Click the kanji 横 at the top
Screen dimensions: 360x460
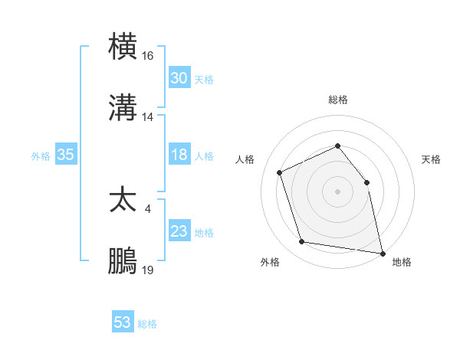pos(123,47)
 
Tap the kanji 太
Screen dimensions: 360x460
pos(123,200)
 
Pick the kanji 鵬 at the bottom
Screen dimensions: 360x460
pos(123,261)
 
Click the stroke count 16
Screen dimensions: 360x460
pos(148,56)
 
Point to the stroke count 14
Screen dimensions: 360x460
pos(148,117)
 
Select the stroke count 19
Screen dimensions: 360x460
pos(148,270)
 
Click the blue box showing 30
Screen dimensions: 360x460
pos(179,78)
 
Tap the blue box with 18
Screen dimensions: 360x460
pos(179,155)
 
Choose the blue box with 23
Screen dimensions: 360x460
pos(179,231)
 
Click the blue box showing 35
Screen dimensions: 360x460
pos(65,155)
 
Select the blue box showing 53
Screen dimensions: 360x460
pos(123,322)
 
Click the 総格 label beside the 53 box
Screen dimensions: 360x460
pos(147,324)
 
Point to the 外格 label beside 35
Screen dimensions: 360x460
pos(41,155)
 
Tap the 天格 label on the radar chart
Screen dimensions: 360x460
pos(432,159)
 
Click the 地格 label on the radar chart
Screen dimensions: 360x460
pos(402,262)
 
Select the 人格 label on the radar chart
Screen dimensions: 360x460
pos(245,159)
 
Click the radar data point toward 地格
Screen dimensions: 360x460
pos(381,252)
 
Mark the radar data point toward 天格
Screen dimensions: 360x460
pos(366,182)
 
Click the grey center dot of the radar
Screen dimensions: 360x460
pos(337,191)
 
